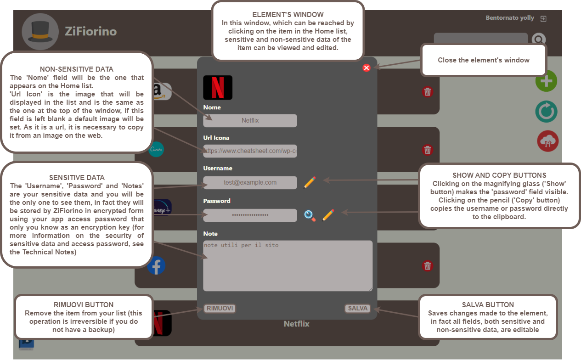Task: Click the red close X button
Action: pos(367,68)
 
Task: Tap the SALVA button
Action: pos(357,308)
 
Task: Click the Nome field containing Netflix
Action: pos(250,121)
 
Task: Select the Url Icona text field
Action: pos(250,151)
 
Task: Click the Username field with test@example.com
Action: pos(250,182)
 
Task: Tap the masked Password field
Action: pos(250,215)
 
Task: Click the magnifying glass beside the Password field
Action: pos(310,215)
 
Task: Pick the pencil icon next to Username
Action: pos(310,182)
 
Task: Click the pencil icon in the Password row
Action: pos(328,215)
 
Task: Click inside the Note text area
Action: pos(288,266)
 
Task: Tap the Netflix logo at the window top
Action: pos(218,88)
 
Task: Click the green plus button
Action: pos(546,82)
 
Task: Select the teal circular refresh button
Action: pos(546,112)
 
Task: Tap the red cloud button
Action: pos(547,141)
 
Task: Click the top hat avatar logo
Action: pos(40,32)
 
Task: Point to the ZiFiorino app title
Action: pos(90,32)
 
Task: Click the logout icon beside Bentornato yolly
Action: pos(544,19)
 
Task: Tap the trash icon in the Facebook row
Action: pos(428,266)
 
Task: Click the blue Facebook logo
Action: pos(157,266)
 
